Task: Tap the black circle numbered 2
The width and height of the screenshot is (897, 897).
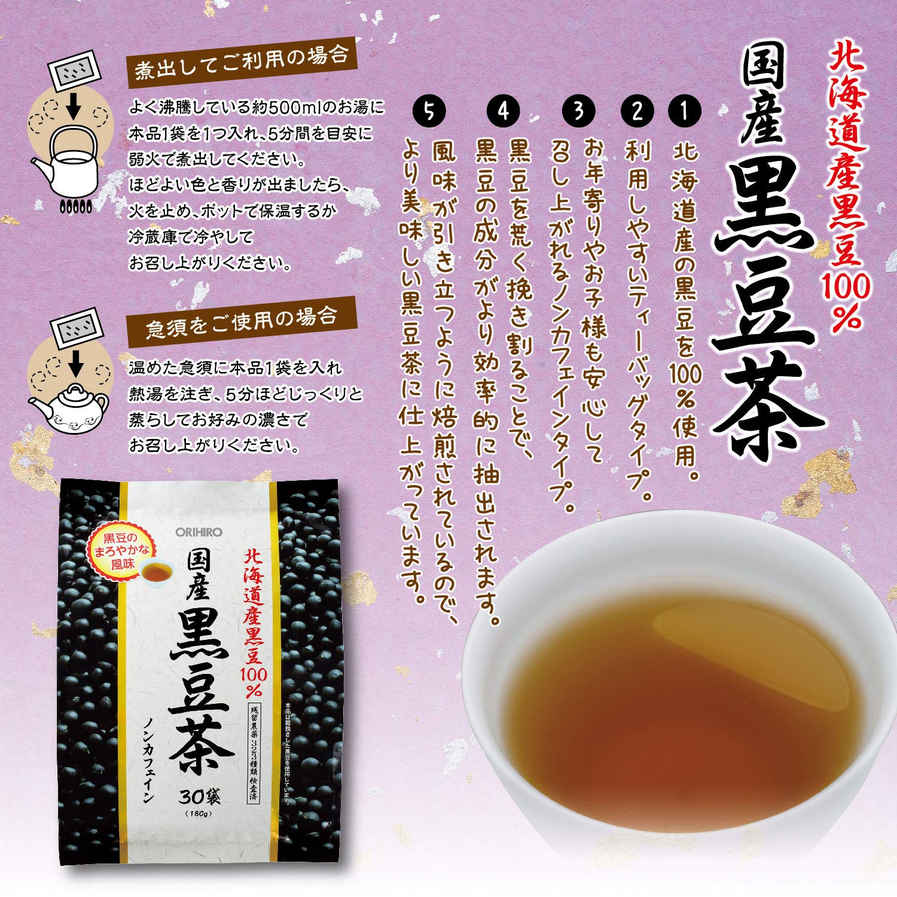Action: (637, 111)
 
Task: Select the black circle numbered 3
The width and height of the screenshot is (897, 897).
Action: (578, 111)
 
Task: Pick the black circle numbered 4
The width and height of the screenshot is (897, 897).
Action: (504, 111)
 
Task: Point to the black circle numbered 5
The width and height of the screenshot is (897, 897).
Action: (429, 111)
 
